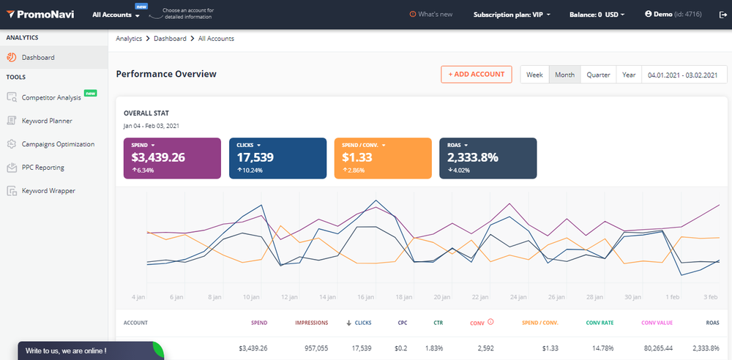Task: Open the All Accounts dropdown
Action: coord(116,15)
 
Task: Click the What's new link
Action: coord(431,14)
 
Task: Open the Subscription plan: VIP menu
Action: coord(512,14)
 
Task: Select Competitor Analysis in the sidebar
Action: coord(51,97)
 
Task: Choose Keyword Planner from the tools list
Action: coord(47,121)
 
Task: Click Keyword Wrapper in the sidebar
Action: coord(48,191)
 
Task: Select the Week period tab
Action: coord(534,75)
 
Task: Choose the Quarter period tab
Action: coord(598,75)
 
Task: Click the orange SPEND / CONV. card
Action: coord(383,158)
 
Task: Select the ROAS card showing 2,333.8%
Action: coord(488,158)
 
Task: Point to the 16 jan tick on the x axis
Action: coord(367,298)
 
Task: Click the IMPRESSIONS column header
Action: coord(311,322)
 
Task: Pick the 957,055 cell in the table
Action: coord(313,348)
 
